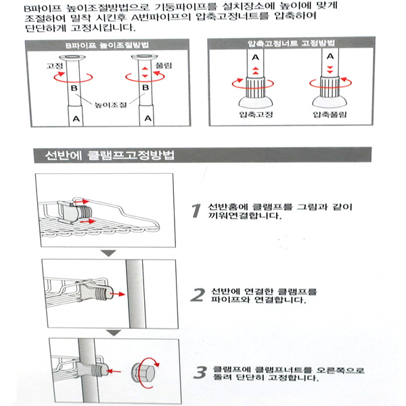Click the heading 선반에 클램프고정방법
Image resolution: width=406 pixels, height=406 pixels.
110,155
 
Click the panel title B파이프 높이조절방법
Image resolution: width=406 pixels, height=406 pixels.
107,45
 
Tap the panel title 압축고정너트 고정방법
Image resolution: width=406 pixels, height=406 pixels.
291,43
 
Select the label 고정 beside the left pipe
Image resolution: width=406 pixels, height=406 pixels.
54,66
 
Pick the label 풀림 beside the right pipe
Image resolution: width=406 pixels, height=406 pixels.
163,66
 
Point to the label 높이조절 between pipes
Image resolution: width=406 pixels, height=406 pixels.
110,105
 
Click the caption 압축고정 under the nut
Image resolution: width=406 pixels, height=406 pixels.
256,114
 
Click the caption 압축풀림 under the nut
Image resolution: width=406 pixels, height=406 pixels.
330,114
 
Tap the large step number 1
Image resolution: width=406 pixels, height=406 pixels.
196,210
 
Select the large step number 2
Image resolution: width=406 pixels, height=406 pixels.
198,295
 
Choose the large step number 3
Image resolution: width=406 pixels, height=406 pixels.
200,372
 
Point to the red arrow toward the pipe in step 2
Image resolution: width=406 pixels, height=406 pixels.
117,294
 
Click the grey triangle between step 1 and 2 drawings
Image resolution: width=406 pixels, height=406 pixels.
108,252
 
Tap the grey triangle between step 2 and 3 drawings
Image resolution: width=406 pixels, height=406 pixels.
114,332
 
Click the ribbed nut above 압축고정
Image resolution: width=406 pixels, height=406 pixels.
255,87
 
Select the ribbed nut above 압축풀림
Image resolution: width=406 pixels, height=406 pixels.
330,86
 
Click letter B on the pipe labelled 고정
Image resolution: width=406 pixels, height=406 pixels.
74,88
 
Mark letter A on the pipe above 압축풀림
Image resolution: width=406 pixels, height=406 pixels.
330,56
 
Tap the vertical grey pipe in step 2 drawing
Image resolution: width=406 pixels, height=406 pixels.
135,294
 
